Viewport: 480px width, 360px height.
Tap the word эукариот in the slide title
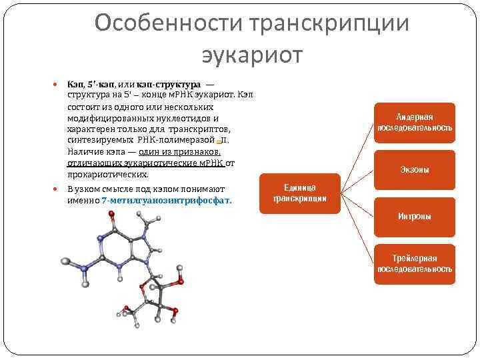click(251, 55)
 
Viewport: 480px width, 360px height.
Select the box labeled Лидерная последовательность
click(415, 122)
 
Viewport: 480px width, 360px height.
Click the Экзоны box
click(415, 170)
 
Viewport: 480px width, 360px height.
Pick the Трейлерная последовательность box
click(415, 263)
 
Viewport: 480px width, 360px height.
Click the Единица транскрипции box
click(299, 193)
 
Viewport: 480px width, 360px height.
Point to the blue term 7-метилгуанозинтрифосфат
click(167, 199)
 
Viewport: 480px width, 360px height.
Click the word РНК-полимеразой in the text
click(176, 141)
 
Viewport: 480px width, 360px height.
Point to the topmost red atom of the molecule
click(111, 215)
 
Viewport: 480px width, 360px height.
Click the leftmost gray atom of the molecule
click(65, 260)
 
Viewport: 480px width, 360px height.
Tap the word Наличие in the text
click(83, 152)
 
